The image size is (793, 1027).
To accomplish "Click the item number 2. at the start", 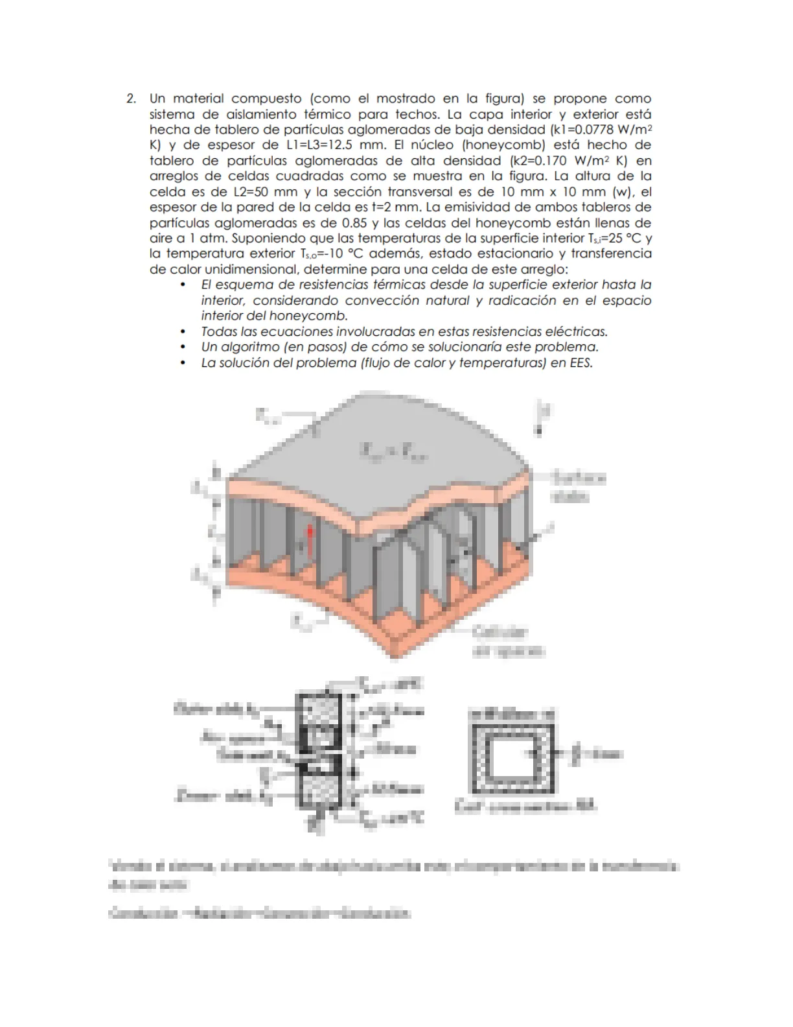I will click(132, 99).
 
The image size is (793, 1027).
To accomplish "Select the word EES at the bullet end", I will click(579, 362).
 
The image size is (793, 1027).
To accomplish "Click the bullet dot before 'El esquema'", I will click(184, 285).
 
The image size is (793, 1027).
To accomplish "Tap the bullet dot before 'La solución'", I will click(184, 362).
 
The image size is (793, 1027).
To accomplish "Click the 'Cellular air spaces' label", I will click(509, 641).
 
